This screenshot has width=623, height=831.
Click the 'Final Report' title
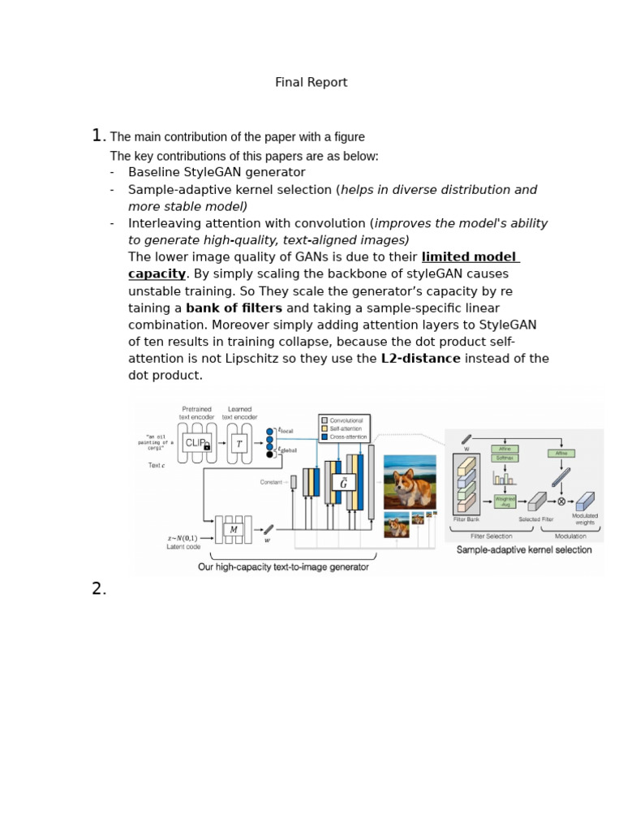pyautogui.click(x=311, y=83)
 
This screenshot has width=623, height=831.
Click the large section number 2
pyautogui.click(x=98, y=589)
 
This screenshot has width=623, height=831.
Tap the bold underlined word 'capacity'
pyautogui.click(x=157, y=274)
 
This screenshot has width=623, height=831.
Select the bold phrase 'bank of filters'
pyautogui.click(x=234, y=308)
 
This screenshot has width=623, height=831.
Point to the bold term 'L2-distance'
pyautogui.click(x=420, y=359)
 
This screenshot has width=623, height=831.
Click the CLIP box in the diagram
pyautogui.click(x=196, y=443)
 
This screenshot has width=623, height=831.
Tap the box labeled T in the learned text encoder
pyautogui.click(x=238, y=443)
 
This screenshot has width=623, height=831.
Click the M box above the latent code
pyautogui.click(x=234, y=530)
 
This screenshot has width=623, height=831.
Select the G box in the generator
pyautogui.click(x=343, y=482)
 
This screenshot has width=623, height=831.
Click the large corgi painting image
pyautogui.click(x=410, y=482)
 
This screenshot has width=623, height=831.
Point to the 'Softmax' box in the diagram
pyautogui.click(x=505, y=458)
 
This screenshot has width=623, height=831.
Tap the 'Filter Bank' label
pyautogui.click(x=466, y=519)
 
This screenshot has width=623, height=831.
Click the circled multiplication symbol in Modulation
pyautogui.click(x=561, y=502)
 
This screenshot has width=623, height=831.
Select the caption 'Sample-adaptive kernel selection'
pyautogui.click(x=524, y=550)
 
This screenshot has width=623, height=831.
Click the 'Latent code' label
pyautogui.click(x=183, y=547)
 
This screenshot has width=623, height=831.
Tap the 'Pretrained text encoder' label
pyautogui.click(x=196, y=413)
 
